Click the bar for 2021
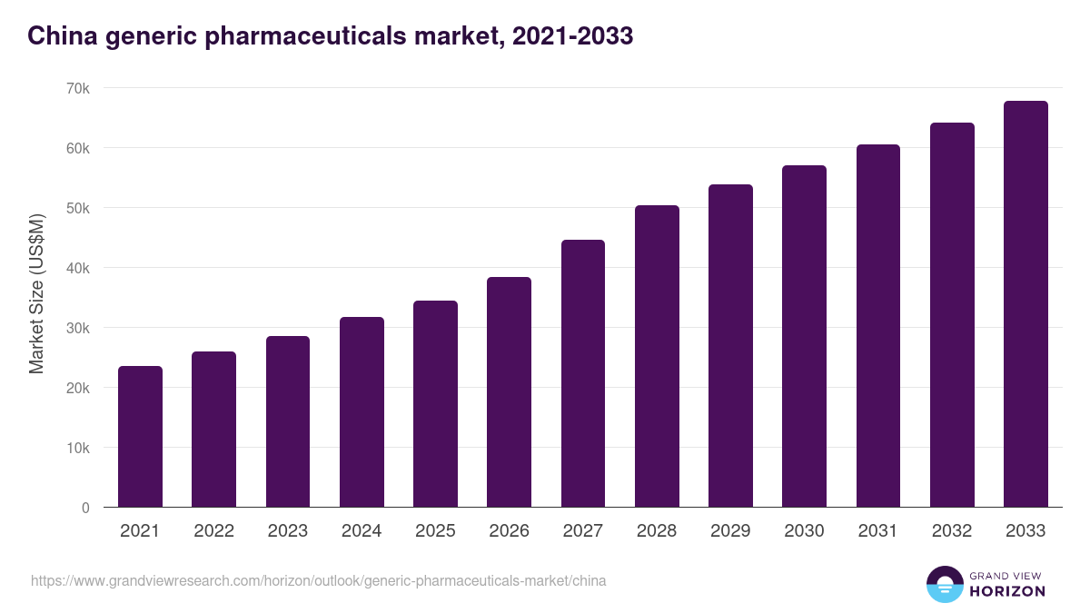(140, 437)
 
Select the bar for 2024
(362, 412)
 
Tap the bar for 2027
(583, 373)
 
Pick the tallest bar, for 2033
(1026, 304)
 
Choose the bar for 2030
(804, 336)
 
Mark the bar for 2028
(657, 356)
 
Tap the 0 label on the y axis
(85, 508)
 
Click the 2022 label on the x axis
(213, 531)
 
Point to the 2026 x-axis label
(509, 531)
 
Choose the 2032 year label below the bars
(952, 531)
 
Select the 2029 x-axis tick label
(730, 531)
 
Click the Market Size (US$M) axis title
(36, 293)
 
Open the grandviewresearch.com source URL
(318, 580)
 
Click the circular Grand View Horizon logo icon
(945, 584)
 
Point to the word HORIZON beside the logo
(1007, 591)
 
